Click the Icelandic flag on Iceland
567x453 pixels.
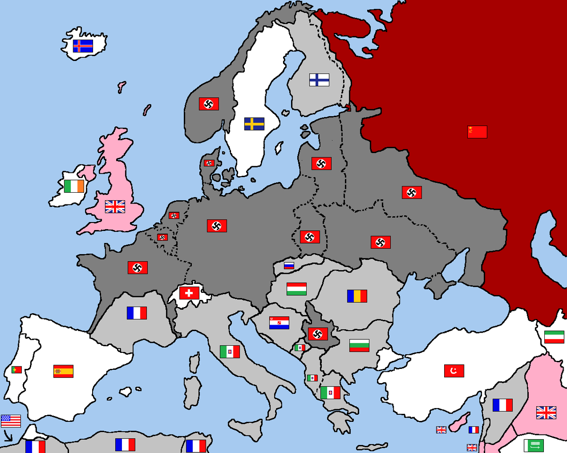[83, 46]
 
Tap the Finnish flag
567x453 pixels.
[319, 79]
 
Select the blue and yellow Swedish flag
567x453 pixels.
[254, 124]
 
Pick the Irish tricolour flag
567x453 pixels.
[74, 186]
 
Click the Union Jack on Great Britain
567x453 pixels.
[115, 206]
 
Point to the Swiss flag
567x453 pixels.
[189, 293]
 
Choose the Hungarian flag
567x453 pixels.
[296, 289]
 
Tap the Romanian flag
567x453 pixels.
[357, 296]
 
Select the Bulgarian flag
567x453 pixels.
[359, 345]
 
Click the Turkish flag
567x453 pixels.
[454, 371]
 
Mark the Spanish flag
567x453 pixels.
[63, 371]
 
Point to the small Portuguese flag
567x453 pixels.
[17, 369]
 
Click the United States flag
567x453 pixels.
[11, 421]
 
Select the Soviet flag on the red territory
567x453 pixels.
[477, 132]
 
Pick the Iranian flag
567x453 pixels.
[554, 337]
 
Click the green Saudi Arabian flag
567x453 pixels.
[533, 445]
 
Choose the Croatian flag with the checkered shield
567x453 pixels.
[279, 323]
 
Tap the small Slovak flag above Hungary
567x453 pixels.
[289, 265]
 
